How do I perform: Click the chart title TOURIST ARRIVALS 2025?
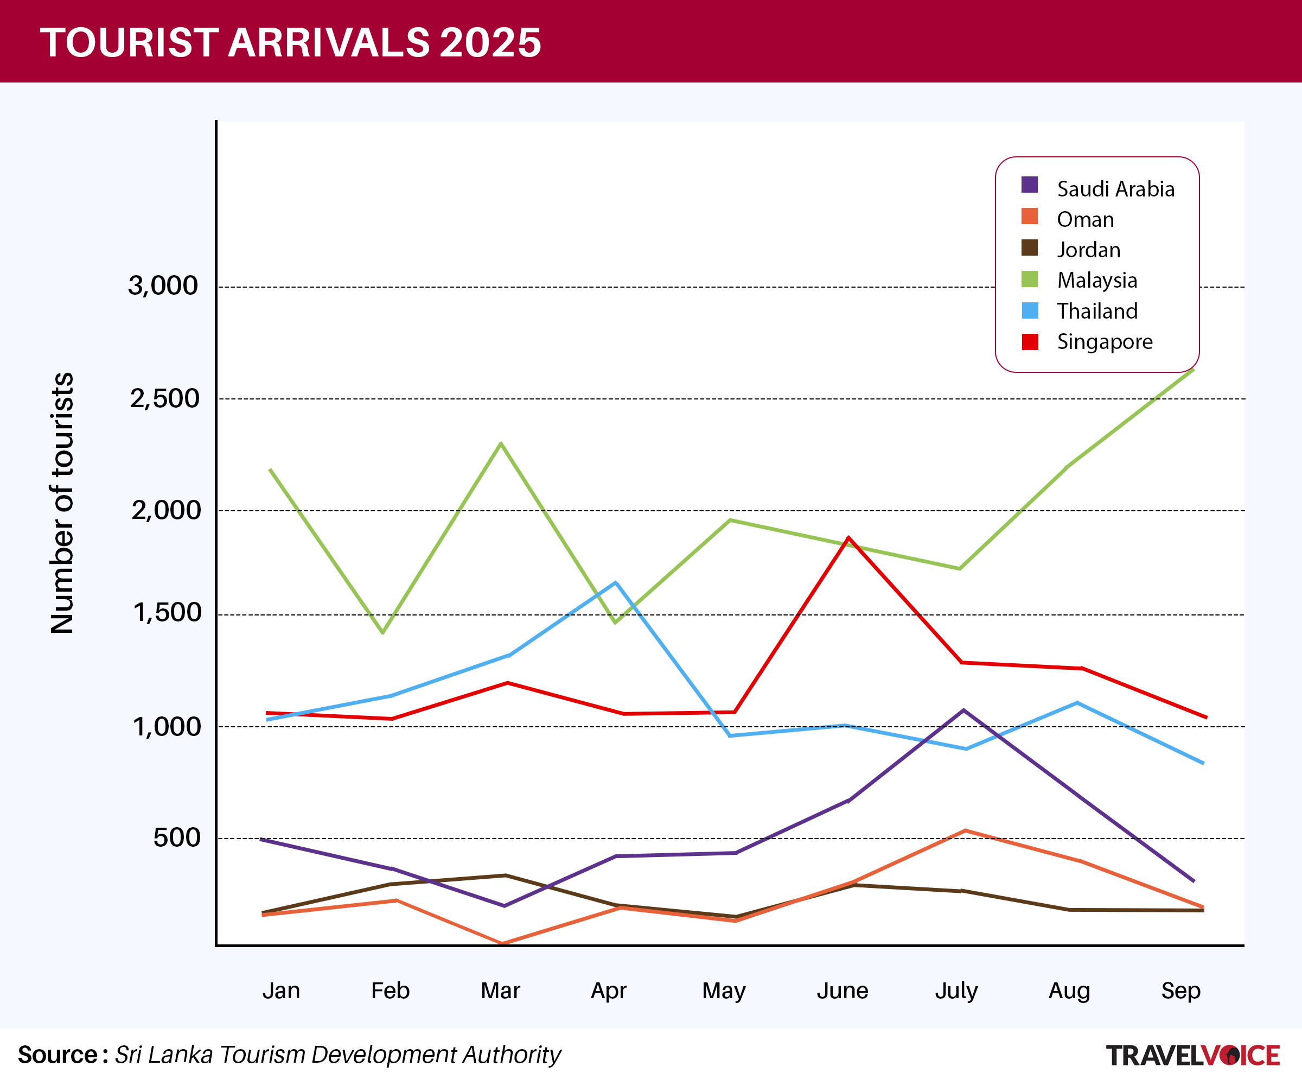291,42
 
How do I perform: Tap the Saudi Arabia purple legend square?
1029,185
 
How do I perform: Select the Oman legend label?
1085,219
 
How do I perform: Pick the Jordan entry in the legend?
1088,250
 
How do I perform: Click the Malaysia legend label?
1097,280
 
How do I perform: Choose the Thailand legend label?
1097,310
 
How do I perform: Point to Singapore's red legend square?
1029,342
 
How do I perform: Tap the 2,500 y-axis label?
164,398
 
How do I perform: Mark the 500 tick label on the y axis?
177,838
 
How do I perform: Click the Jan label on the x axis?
281,991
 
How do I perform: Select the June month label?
842,991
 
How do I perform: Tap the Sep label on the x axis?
1180,991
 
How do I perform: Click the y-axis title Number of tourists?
62,503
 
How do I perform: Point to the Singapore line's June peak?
848,538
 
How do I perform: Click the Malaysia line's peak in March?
501,443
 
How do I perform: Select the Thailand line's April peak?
616,582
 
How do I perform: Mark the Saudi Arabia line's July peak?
963,710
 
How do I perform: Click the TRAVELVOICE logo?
1192,1055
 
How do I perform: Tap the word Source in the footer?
58,1055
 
